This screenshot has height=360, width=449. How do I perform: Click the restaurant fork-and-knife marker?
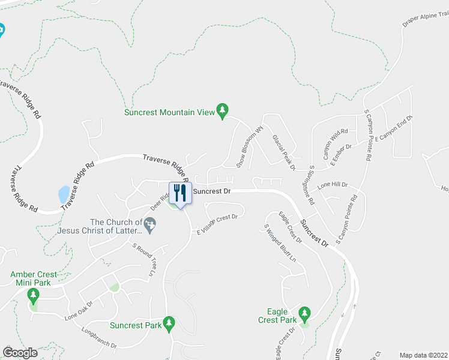tap(179, 193)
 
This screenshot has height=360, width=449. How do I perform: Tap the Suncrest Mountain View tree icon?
tap(223, 110)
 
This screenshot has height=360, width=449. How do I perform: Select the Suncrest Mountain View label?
tap(169, 112)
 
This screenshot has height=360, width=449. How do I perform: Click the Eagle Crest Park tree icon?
tap(304, 313)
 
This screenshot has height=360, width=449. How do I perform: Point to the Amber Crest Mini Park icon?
tap(33, 295)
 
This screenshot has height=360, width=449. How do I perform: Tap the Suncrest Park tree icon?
tap(169, 323)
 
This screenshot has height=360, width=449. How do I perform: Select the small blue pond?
tap(63, 194)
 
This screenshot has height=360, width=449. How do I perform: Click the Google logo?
tap(20, 352)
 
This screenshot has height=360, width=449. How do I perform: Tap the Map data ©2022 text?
tap(423, 355)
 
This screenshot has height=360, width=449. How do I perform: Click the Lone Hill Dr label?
tap(333, 185)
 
